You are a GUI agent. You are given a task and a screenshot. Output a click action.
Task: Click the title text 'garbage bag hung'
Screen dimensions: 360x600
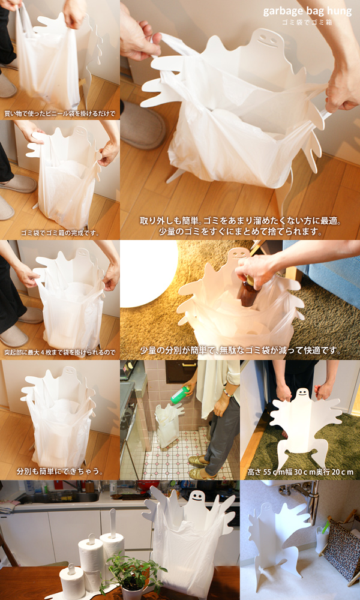tap(307, 11)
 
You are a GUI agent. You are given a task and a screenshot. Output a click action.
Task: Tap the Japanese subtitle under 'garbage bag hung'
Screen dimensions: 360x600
tap(307, 22)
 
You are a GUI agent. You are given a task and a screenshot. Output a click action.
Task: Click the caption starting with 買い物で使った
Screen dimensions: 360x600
tap(59, 113)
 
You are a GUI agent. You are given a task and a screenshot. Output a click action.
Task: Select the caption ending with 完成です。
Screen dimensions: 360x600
tap(60, 233)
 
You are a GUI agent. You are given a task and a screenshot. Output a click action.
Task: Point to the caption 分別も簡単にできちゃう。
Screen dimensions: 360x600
tap(60, 471)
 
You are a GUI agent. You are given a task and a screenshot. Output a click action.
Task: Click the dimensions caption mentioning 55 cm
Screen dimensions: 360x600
tap(301, 472)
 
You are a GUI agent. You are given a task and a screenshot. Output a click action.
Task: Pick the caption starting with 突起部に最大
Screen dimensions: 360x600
tap(59, 352)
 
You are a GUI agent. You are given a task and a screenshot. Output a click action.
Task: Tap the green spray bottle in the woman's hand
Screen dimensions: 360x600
tap(180, 395)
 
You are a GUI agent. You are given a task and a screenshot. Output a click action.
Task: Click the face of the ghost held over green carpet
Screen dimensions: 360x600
tap(303, 394)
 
